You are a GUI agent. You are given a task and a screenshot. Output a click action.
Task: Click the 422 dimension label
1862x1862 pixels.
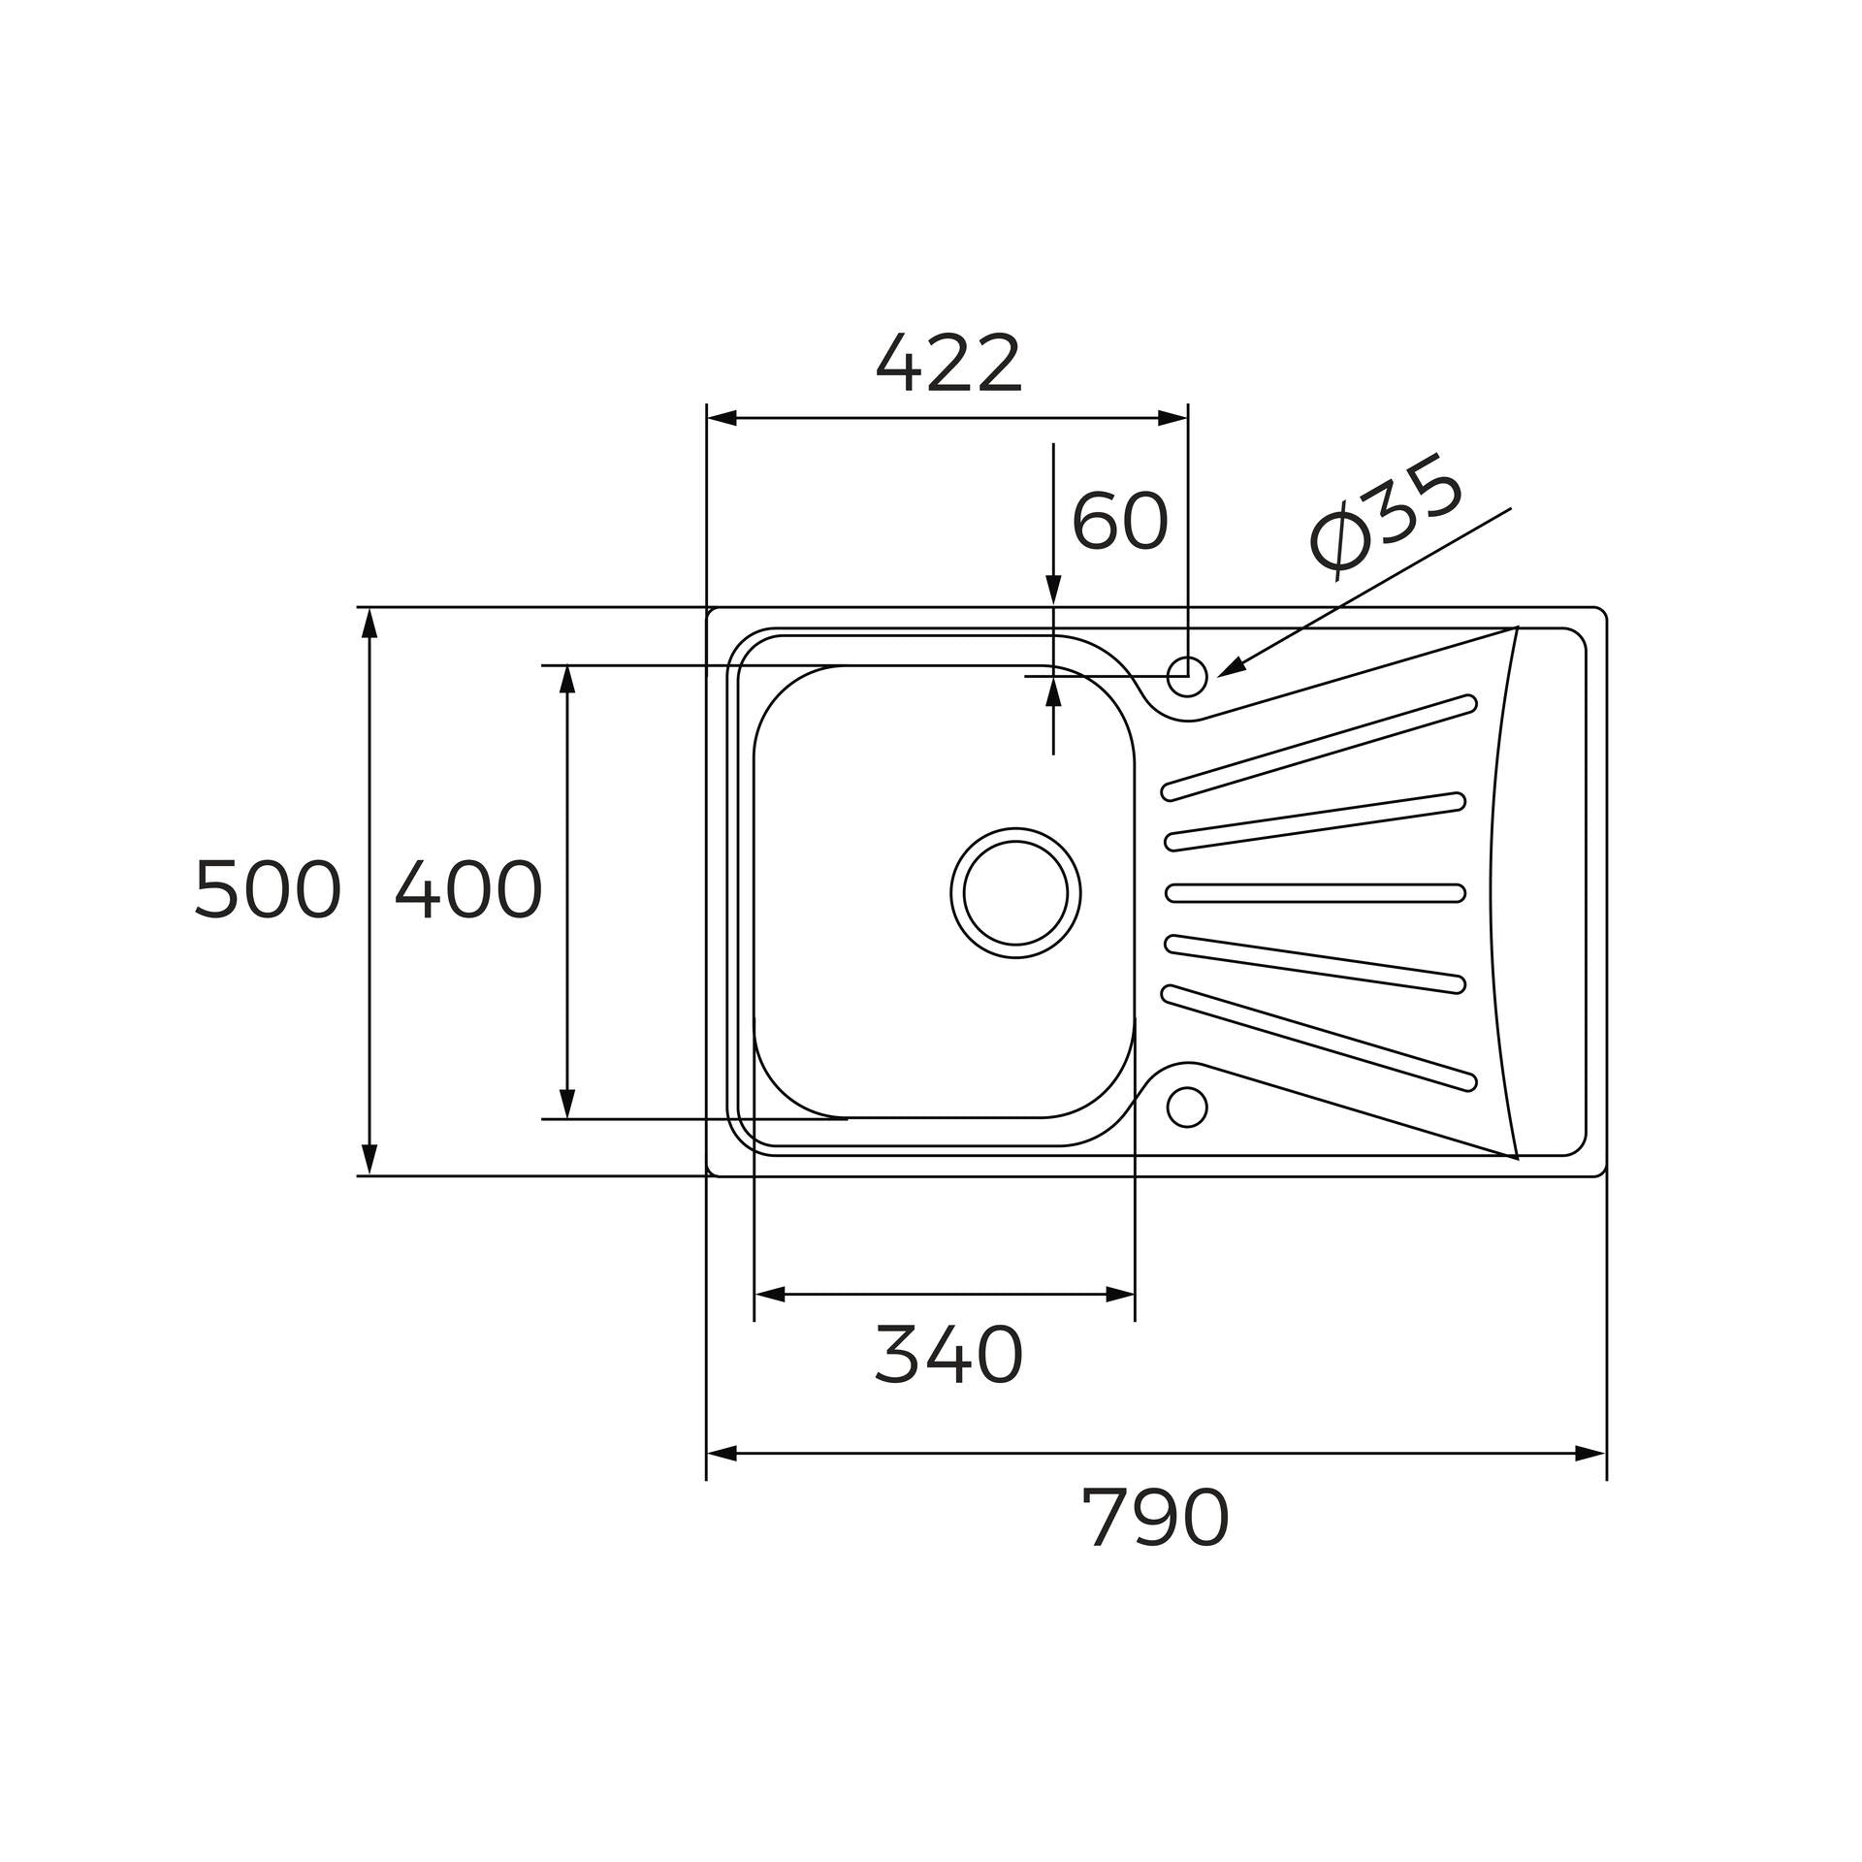coord(948,365)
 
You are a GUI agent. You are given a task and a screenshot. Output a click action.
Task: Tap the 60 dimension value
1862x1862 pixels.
coord(1119,521)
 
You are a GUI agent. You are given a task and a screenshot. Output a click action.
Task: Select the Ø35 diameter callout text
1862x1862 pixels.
coord(1384,524)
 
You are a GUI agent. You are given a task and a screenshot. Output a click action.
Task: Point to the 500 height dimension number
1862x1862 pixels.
coord(268,890)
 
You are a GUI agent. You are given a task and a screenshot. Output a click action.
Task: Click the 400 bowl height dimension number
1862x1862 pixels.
coord(467,890)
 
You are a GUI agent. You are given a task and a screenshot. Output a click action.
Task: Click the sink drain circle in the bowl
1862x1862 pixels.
coord(1015,892)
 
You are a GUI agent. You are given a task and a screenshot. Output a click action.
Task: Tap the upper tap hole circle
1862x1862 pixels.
coord(1187,675)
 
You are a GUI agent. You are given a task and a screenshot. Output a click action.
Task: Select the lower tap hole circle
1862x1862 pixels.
coord(1187,1107)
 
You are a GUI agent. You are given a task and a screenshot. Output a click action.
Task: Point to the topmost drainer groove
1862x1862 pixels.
coord(1319,748)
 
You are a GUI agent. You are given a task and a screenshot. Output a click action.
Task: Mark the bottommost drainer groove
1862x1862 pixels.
coord(1319,1038)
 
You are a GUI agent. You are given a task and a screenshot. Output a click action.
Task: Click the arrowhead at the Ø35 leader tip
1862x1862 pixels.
coord(1230,669)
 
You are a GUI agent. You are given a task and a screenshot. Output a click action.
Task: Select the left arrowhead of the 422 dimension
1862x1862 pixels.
coord(722,419)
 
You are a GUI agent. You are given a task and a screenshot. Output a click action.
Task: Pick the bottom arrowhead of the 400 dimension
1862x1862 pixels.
coord(568,1104)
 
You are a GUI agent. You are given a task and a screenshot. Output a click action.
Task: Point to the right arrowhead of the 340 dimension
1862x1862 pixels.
coord(1120,1295)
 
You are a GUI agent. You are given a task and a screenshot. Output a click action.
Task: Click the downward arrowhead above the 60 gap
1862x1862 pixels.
coord(1053,591)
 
